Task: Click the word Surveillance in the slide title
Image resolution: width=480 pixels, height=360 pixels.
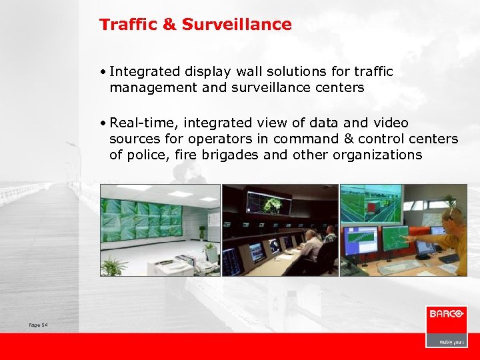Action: (x=237, y=25)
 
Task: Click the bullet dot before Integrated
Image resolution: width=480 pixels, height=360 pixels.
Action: (x=104, y=71)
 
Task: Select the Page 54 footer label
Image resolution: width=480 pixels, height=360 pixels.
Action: (x=39, y=325)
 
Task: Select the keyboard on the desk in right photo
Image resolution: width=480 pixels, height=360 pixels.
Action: (x=400, y=265)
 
